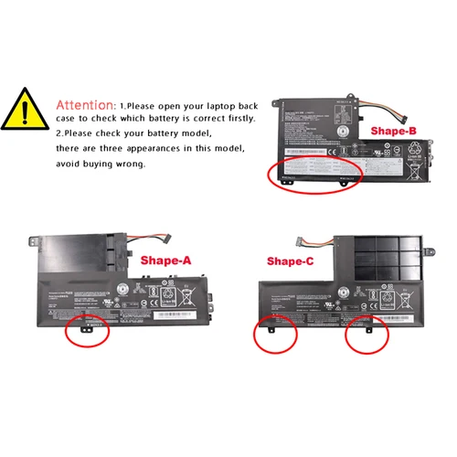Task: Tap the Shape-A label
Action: point(165,260)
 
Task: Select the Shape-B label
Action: point(394,131)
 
